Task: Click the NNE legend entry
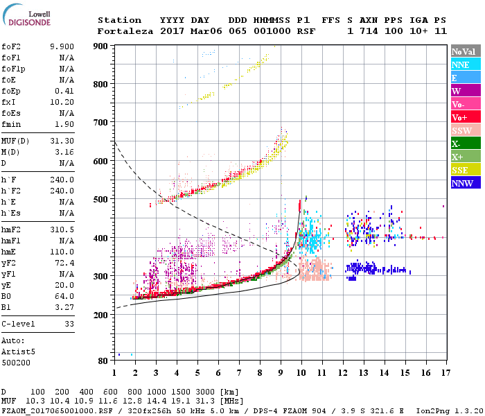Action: coord(461,64)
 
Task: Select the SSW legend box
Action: coord(461,130)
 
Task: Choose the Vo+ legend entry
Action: coord(461,117)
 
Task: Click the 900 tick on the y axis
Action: coord(101,46)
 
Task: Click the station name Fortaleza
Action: coord(126,31)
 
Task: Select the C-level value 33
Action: coord(69,324)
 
